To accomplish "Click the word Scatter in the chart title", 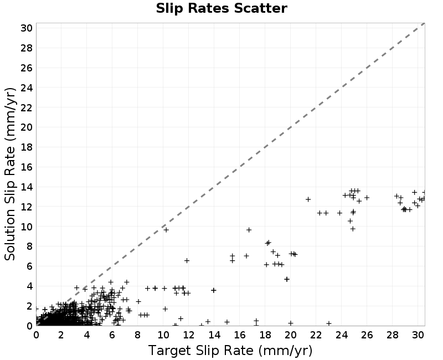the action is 260,8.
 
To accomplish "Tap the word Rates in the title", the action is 209,8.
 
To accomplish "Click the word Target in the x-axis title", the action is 169,351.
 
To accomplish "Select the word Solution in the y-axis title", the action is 10,234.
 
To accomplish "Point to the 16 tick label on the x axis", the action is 240,335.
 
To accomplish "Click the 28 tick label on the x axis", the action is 393,335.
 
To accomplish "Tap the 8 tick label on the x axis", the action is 137,335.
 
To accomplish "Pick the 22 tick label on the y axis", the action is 27,107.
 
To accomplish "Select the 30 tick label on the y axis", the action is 27,28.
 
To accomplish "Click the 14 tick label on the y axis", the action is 27,187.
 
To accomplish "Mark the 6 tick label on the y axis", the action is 30,266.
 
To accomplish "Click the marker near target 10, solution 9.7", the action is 166,230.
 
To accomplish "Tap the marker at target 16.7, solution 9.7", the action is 249,230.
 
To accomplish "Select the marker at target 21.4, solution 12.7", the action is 308,199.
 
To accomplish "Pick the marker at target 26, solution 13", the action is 367,198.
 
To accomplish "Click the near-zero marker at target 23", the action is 329,323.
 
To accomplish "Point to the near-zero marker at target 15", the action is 227,322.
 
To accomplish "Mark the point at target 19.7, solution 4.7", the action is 287,279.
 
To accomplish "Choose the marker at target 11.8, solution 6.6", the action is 187,260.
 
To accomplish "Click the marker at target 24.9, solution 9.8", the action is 353,229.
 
